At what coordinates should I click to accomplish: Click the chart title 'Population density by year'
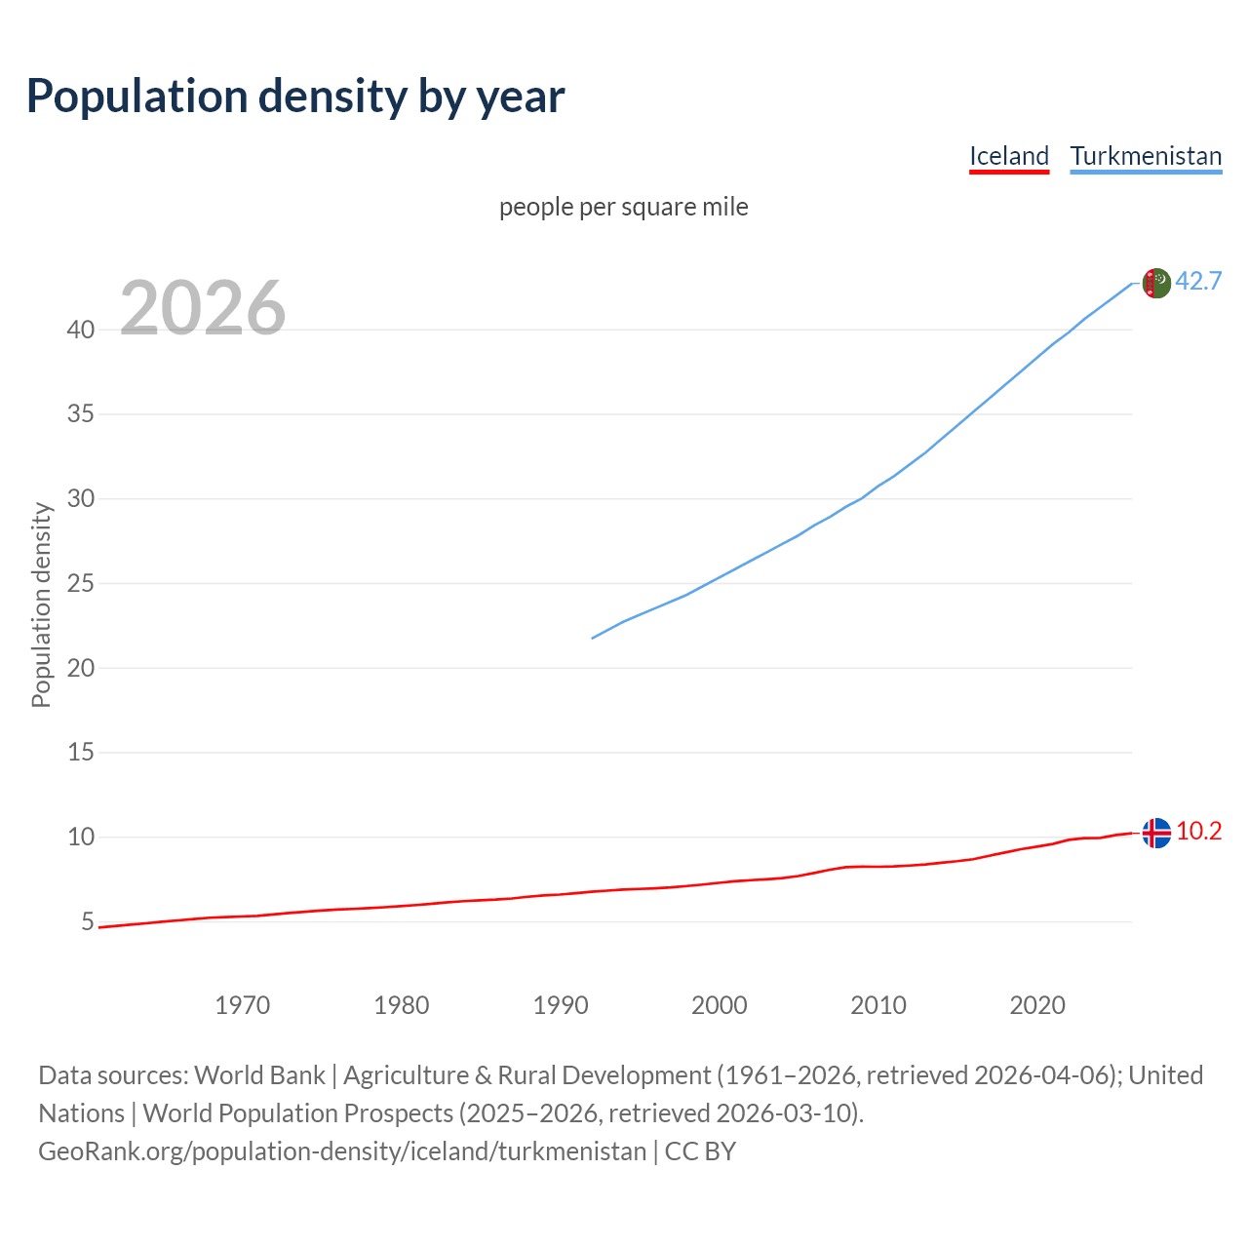[295, 97]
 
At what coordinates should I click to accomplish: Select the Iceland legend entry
[1008, 156]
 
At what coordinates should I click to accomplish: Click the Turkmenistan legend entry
[1146, 156]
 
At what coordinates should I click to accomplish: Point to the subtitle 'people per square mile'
[624, 207]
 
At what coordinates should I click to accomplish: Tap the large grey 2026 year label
[203, 308]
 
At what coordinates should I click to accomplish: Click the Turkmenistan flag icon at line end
[1155, 283]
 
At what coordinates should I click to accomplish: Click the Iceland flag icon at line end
[1155, 833]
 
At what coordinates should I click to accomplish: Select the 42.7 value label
[1198, 281]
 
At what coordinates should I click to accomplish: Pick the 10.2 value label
[1198, 831]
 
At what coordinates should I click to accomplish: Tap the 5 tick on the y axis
[88, 921]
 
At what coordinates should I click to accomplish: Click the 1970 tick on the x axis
[242, 1005]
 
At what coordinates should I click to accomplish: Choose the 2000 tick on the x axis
[719, 1005]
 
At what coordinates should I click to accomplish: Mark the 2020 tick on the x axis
[1036, 1005]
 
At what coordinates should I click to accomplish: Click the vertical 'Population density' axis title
[41, 604]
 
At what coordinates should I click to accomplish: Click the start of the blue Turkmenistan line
[593, 638]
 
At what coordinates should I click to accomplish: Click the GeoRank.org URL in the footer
[342, 1151]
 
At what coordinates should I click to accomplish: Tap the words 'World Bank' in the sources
[259, 1075]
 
